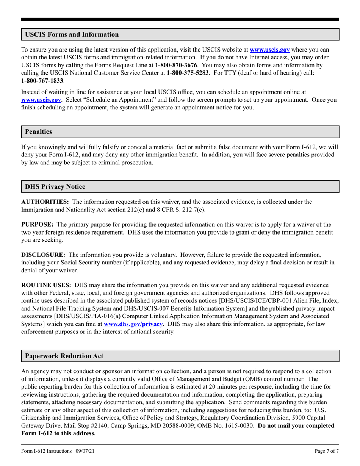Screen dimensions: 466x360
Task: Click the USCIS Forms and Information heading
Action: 72,34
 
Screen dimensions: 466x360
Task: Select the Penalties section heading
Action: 38,132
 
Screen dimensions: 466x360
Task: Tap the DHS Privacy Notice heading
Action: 55,187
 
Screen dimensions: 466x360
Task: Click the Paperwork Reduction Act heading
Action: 64,356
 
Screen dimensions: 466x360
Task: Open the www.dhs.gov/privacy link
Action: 133,324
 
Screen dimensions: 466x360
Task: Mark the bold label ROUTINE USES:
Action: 46,285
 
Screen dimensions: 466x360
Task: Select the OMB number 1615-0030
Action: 236,425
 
